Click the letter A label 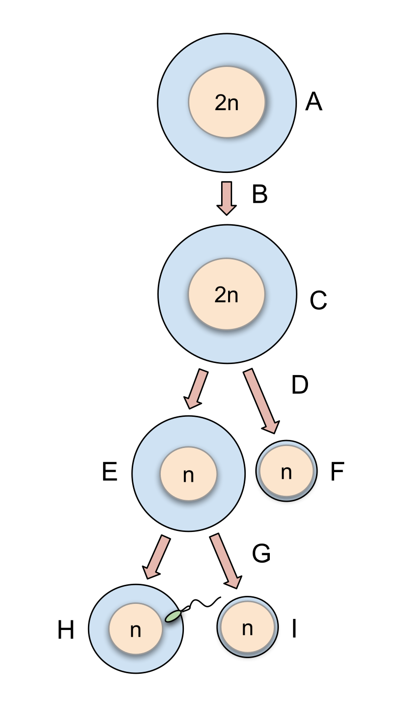pyautogui.click(x=314, y=103)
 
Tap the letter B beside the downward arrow pyautogui.click(x=259, y=195)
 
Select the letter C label pyautogui.click(x=318, y=301)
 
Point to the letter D pyautogui.click(x=299, y=385)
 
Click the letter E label pyautogui.click(x=110, y=473)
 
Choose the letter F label pyautogui.click(x=337, y=473)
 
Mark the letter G pyautogui.click(x=261, y=554)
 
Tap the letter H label pyautogui.click(x=66, y=631)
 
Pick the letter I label pyautogui.click(x=294, y=629)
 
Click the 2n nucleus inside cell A pyautogui.click(x=227, y=102)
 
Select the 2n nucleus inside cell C pyautogui.click(x=226, y=294)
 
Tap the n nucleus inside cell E pyautogui.click(x=188, y=474)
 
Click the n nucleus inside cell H pyautogui.click(x=136, y=629)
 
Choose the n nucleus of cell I pyautogui.click(x=247, y=628)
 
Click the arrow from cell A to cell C pyautogui.click(x=227, y=198)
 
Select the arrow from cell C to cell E pyautogui.click(x=196, y=389)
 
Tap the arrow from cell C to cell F pyautogui.click(x=261, y=400)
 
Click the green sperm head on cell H pyautogui.click(x=173, y=615)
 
